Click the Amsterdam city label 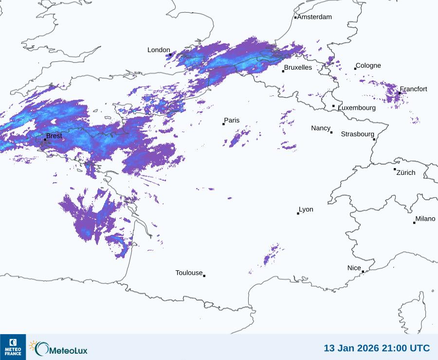(314, 17)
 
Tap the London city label (159, 50)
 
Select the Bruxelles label (298, 68)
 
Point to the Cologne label (368, 66)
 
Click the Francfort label (414, 89)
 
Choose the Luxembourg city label (357, 108)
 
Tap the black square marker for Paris (223, 124)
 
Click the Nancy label (321, 128)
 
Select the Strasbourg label (357, 134)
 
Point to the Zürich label (406, 172)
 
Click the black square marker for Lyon (298, 213)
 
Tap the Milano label (425, 219)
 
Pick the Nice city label (354, 268)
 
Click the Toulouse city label (189, 273)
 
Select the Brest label (54, 136)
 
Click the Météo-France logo (13, 347)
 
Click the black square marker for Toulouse (204, 276)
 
